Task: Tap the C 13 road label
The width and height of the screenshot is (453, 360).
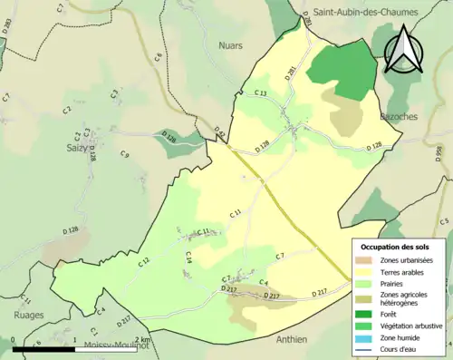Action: click(261, 93)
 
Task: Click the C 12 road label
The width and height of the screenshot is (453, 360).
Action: click(144, 262)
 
